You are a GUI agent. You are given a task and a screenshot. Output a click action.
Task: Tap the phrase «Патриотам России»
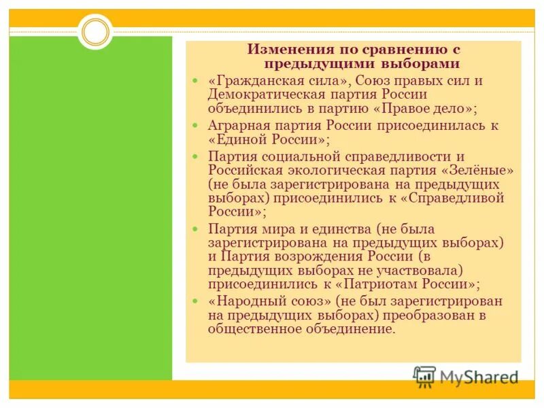(x=420, y=284)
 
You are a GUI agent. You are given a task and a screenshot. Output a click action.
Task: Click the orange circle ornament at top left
(x=95, y=32)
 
